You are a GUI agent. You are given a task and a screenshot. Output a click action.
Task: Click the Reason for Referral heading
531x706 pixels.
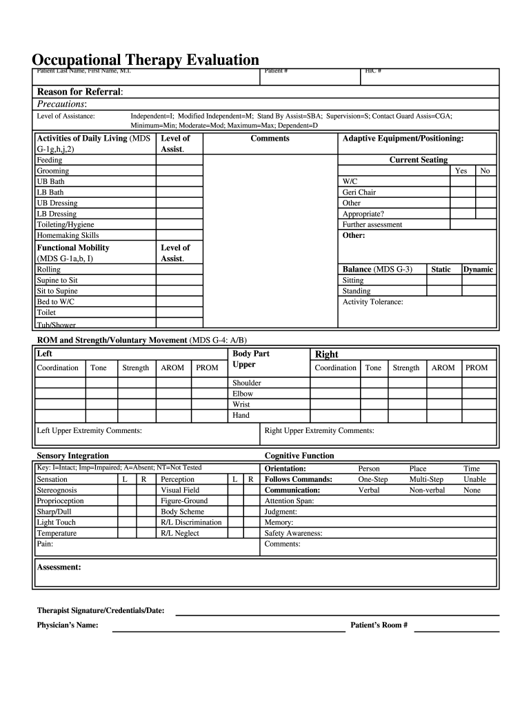(x=80, y=92)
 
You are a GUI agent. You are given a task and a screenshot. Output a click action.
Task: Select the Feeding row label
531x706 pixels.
(x=49, y=160)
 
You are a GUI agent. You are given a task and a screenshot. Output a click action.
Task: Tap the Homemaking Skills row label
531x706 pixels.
(x=68, y=235)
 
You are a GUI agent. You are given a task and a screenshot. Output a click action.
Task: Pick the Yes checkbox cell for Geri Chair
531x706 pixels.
(x=462, y=192)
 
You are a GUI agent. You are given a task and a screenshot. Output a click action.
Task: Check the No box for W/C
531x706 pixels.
(x=485, y=181)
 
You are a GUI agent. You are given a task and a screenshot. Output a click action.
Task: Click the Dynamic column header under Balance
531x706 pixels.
(x=478, y=270)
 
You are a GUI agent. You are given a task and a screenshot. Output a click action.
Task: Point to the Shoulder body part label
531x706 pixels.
(x=247, y=383)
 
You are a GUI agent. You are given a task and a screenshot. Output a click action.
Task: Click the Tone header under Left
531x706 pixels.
(x=99, y=367)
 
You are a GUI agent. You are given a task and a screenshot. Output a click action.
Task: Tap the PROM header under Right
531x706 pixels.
(x=477, y=367)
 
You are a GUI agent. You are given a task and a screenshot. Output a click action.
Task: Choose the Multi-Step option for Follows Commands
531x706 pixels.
(x=426, y=479)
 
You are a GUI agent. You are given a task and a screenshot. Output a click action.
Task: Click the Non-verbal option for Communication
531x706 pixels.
(x=427, y=490)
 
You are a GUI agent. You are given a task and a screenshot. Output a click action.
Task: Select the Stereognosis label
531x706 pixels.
(x=57, y=490)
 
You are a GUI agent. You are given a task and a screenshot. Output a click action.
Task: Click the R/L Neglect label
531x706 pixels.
(x=180, y=533)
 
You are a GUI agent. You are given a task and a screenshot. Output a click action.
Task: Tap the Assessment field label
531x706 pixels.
(x=59, y=567)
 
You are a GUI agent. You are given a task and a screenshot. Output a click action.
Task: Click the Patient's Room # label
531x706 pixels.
(x=379, y=625)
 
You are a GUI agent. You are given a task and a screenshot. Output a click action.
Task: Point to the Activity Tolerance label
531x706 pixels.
(x=373, y=302)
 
